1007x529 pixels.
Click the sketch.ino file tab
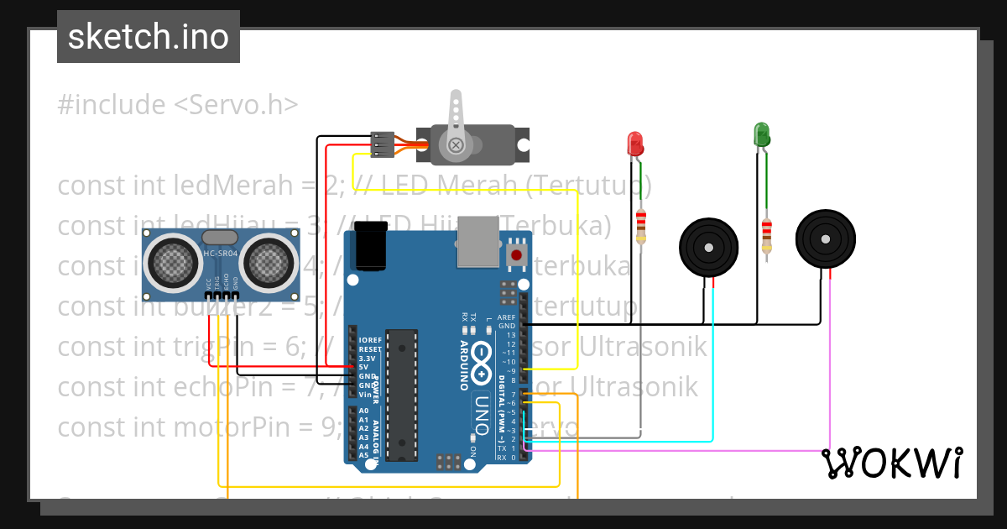point(149,37)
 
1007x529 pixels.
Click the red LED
point(635,142)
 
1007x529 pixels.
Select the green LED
point(761,134)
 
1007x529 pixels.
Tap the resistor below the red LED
point(641,227)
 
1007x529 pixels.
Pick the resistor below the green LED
point(766,235)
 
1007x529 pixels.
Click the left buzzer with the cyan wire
point(709,249)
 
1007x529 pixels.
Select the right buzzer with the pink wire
point(826,238)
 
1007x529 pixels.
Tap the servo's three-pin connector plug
point(382,144)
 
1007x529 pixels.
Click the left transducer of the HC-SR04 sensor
point(174,261)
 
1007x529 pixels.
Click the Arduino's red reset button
point(516,254)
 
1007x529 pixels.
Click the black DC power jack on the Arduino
point(371,245)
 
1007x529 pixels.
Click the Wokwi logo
point(891,463)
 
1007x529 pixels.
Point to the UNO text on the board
point(482,411)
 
